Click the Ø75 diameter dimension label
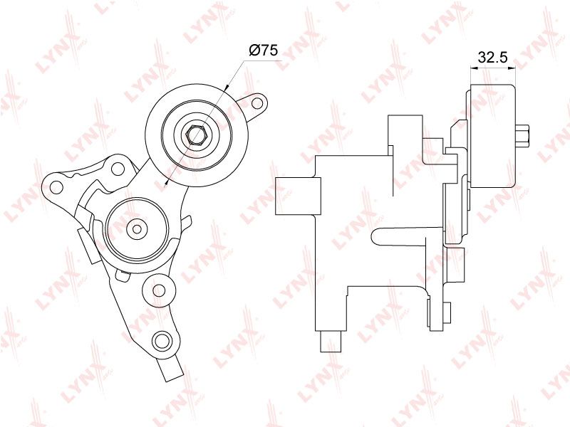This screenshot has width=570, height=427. click(x=263, y=50)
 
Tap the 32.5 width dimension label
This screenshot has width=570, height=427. click(x=492, y=57)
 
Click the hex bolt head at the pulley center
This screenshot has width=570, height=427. click(x=197, y=135)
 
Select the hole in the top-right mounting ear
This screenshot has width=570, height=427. click(x=257, y=102)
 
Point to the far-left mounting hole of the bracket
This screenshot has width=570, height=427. click(x=56, y=187)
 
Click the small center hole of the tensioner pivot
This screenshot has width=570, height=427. click(x=137, y=229)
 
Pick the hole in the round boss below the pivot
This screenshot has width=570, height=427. click(x=159, y=290)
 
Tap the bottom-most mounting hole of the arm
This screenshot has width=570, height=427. click(x=162, y=340)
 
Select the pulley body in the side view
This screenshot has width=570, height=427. click(x=492, y=136)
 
